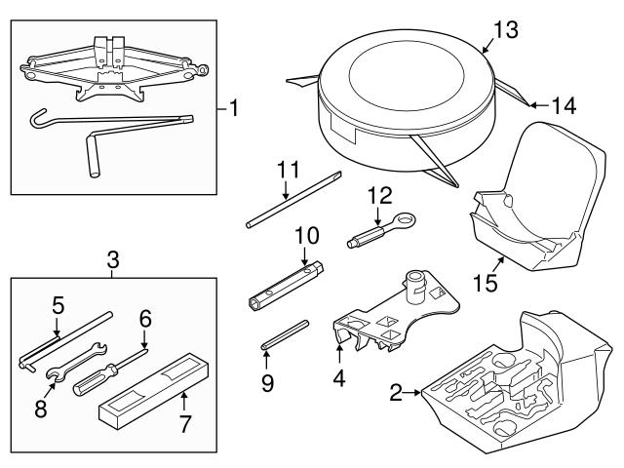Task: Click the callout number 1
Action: coord(231,108)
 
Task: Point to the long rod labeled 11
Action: coord(292,201)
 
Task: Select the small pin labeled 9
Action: coord(284,332)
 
